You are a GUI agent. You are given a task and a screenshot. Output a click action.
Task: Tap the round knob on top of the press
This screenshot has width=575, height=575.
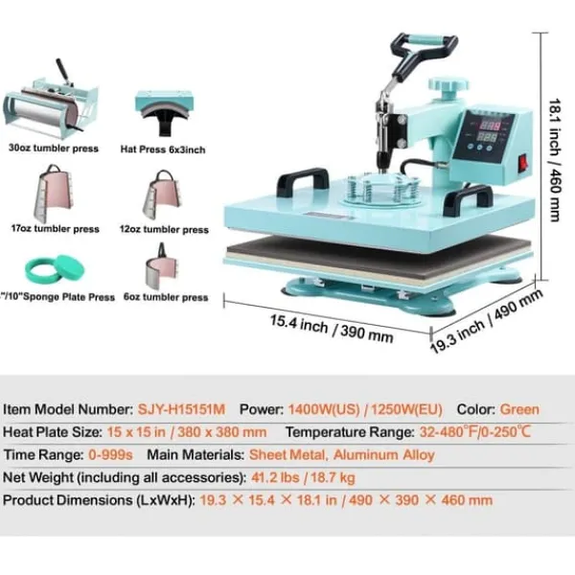coord(448,84)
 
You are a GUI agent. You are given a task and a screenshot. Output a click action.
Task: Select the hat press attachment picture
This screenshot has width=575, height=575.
coord(163,112)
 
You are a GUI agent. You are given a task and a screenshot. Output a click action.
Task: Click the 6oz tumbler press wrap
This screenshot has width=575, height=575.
coord(162,266)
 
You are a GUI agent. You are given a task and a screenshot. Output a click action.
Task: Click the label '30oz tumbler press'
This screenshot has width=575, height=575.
coord(54,149)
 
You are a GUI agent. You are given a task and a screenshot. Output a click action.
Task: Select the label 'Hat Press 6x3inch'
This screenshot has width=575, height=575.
coord(163,149)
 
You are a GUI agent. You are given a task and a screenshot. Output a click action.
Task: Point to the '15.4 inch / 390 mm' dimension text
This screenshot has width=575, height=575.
coord(332,329)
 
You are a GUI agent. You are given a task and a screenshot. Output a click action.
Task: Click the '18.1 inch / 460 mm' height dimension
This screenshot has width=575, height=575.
coord(555,160)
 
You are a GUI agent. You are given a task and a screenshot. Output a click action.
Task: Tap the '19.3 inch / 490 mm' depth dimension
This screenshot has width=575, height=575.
coord(486,321)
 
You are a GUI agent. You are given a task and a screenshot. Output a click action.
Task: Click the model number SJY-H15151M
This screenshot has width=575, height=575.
coord(181,409)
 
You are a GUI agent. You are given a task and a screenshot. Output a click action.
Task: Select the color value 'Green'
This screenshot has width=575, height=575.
coord(519,409)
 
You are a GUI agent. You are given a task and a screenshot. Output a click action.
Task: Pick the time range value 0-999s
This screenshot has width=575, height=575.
coord(110,454)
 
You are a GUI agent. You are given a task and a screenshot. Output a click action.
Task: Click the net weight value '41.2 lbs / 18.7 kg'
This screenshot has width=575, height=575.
coord(303,477)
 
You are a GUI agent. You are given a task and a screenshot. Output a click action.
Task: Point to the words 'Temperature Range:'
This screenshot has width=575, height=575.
coord(350,432)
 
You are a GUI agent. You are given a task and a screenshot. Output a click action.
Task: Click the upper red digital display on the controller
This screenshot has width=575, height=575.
coord(490,126)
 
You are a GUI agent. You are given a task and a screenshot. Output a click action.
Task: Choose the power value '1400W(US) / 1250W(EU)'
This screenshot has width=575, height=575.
coord(365,409)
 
